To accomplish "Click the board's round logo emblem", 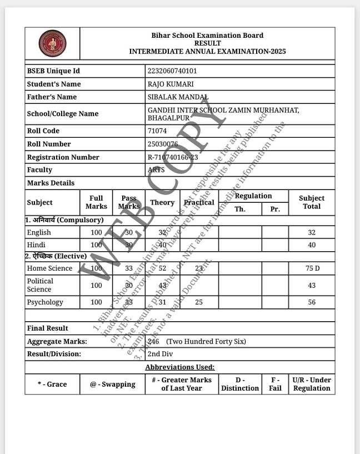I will point(52,43).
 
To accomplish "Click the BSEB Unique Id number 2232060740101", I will point(172,71).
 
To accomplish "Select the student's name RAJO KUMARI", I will point(171,84).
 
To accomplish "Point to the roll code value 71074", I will point(157,131).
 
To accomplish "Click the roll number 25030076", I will point(163,144).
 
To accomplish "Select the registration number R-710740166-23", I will point(173,157).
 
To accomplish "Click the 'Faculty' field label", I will point(39,170).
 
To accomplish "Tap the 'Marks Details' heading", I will point(51,183).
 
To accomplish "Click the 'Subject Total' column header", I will point(312,202).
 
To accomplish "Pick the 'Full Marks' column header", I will point(96,202).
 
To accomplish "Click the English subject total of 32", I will point(312,233).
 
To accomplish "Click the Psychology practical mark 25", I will point(199,302).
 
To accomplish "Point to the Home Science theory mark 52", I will point(162,268).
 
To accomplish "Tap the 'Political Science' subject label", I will point(40,285).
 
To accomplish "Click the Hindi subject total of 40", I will point(312,245).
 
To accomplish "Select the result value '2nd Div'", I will point(161,354).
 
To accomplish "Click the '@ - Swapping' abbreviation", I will point(113,384).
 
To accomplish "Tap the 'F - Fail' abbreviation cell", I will point(276,384).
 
